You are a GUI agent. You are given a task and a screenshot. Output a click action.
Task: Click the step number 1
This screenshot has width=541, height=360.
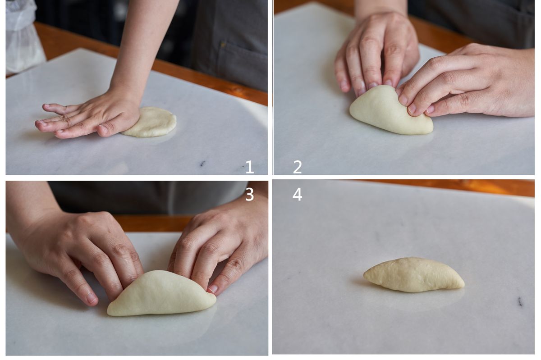pyautogui.click(x=250, y=167)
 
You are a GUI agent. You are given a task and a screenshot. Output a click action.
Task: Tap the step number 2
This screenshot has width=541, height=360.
pyautogui.click(x=297, y=167)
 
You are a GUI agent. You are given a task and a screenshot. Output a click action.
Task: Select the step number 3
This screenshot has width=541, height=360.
pyautogui.click(x=250, y=195)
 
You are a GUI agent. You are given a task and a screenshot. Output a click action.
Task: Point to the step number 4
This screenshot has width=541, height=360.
pyautogui.click(x=297, y=195)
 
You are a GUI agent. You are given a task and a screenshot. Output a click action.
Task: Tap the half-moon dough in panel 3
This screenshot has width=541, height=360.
pyautogui.click(x=161, y=294)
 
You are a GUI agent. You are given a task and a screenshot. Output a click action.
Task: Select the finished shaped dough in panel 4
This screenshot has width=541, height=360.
pyautogui.click(x=413, y=275)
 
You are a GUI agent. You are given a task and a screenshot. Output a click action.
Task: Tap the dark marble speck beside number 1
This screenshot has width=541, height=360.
pyautogui.click(x=202, y=164)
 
